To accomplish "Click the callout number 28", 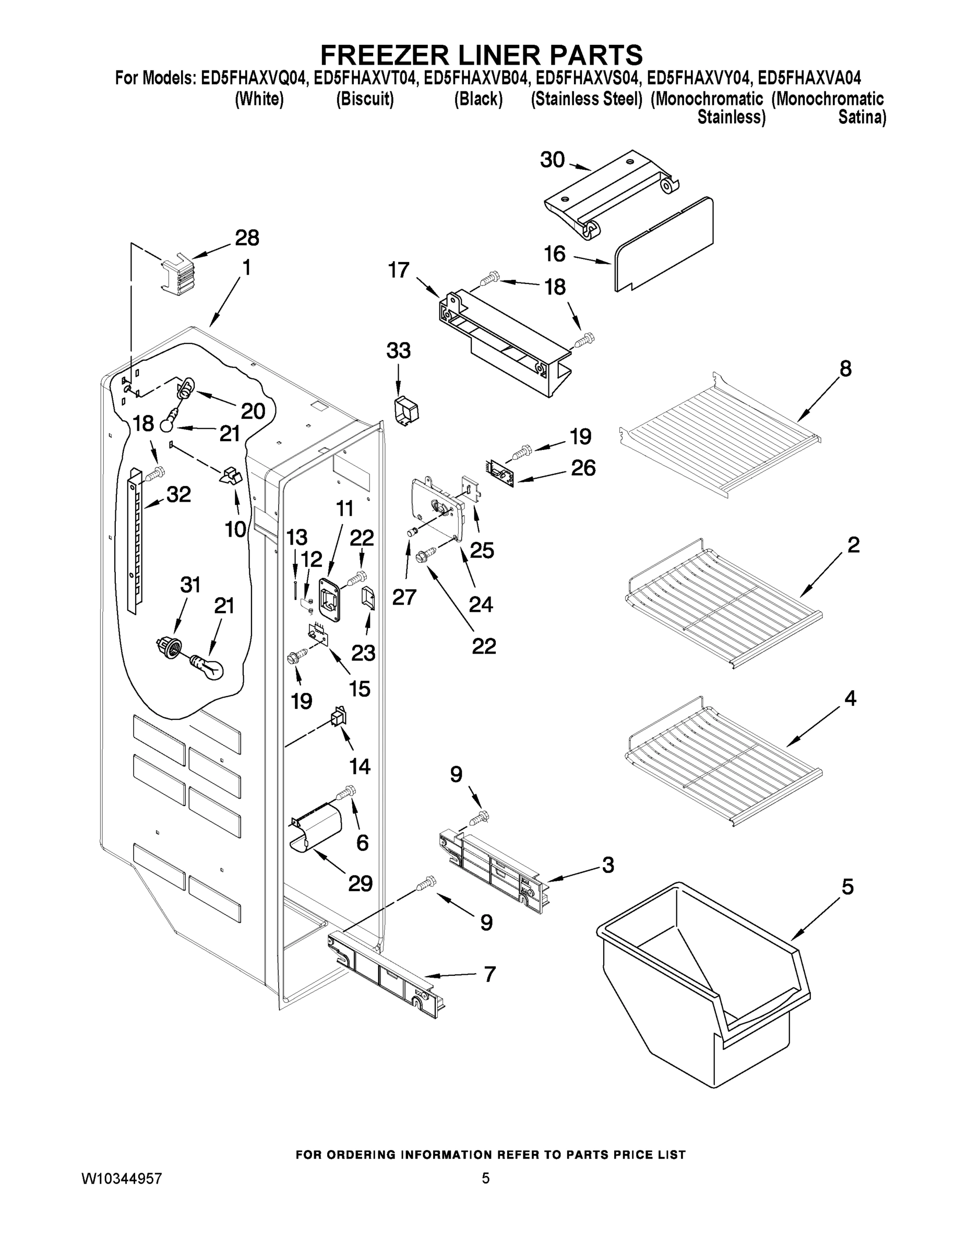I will tap(247, 238).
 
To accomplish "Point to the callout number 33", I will tap(399, 350).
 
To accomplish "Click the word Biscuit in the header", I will tap(365, 99).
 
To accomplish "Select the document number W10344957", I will tap(122, 1178).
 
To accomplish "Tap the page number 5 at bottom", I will tap(485, 1178).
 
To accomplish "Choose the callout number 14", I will tap(360, 766).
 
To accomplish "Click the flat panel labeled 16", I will tap(665, 244).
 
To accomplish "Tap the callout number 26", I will tap(583, 468).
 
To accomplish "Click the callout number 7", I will tap(489, 975).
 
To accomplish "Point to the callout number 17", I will tap(399, 269).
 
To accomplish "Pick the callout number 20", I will tap(253, 411).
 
